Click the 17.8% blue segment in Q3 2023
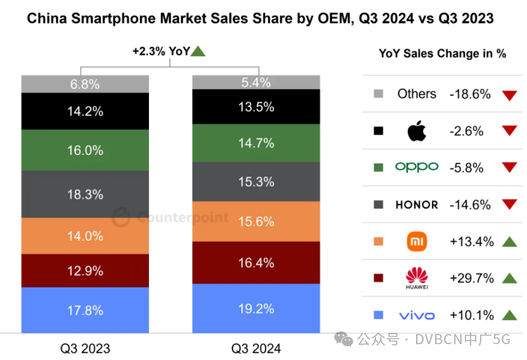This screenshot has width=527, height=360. click(x=85, y=310)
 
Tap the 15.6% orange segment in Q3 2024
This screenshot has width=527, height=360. click(x=256, y=221)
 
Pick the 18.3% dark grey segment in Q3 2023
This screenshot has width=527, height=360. click(x=85, y=195)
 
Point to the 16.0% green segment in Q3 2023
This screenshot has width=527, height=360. click(x=85, y=150)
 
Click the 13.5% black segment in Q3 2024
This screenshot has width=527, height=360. click(x=256, y=106)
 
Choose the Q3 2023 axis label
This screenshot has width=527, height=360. click(x=85, y=348)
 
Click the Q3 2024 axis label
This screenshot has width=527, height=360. click(x=256, y=348)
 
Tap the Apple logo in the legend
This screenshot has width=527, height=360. click(x=417, y=131)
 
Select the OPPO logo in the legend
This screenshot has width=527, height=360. click(x=417, y=167)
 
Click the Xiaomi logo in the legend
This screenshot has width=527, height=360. click(x=417, y=241)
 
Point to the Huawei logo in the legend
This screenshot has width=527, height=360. click(x=417, y=277)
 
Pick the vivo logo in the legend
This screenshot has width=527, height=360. click(x=417, y=315)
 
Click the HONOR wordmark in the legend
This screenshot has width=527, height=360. click(x=417, y=205)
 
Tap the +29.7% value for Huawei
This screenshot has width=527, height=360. click(x=471, y=278)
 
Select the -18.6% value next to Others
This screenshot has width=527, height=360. click(x=470, y=94)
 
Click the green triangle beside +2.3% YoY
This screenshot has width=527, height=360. click(x=198, y=52)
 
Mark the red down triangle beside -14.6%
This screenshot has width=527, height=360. click(x=509, y=205)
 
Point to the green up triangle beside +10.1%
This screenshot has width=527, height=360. click(x=509, y=315)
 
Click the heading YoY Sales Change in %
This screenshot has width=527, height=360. click(x=442, y=54)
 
